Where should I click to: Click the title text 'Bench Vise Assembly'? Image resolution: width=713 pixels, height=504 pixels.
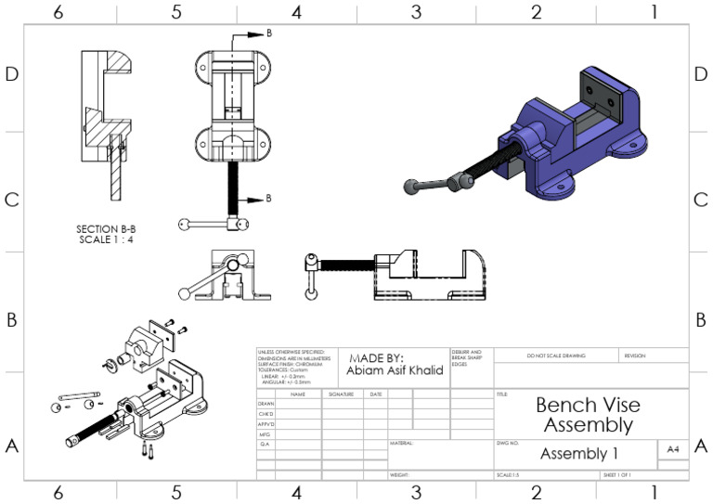(588, 415)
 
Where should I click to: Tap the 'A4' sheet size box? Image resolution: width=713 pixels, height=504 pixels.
(673, 449)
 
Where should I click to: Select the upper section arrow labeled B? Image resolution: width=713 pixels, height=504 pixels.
(256, 32)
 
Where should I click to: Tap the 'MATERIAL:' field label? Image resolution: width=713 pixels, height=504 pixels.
(401, 444)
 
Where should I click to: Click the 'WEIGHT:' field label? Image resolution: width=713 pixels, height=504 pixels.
(400, 474)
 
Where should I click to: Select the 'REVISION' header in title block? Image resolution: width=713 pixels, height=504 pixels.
(634, 355)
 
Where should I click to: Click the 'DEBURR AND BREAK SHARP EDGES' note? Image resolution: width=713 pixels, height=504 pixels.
(466, 358)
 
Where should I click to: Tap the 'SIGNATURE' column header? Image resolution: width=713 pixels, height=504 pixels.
(342, 394)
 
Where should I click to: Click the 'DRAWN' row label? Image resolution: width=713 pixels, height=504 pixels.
(266, 405)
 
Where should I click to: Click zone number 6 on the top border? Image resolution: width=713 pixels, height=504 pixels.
(58, 12)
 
